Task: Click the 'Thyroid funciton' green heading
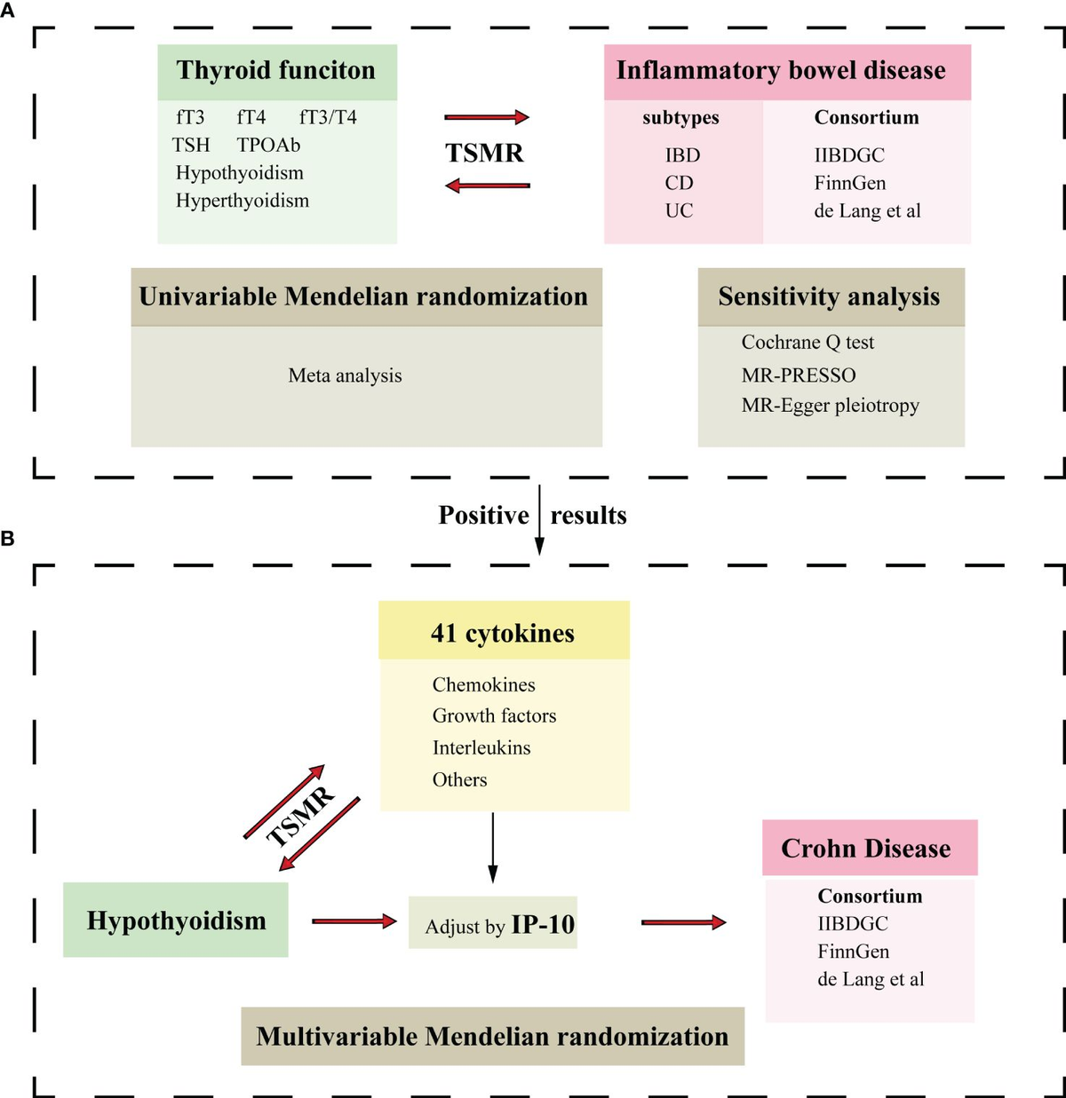tap(276, 71)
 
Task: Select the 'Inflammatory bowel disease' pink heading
tap(781, 71)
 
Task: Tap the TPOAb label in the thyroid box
tap(268, 145)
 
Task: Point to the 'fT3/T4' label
tap(328, 117)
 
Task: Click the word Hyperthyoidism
tap(243, 201)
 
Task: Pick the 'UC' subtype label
tap(679, 211)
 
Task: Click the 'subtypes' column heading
tap(680, 118)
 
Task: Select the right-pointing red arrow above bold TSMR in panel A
tap(487, 117)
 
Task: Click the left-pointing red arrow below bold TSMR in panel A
tap(487, 186)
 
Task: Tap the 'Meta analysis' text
tap(345, 375)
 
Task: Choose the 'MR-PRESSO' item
tap(799, 375)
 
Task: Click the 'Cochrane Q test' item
tap(807, 343)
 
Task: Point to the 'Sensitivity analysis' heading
tap(829, 296)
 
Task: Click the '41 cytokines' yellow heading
tap(503, 633)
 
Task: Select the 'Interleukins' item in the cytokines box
tap(481, 748)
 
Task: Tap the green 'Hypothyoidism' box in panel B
tap(176, 920)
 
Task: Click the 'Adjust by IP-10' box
tap(493, 924)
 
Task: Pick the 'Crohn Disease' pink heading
tap(866, 849)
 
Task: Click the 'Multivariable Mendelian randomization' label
tap(492, 1037)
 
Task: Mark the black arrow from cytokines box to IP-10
tap(493, 848)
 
